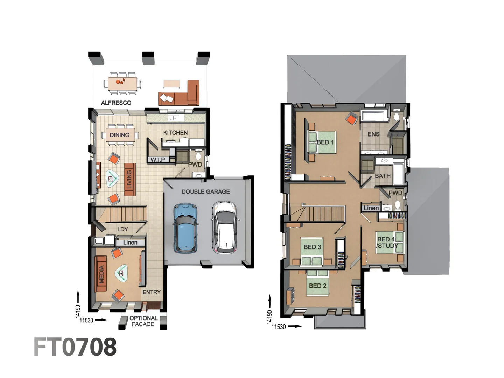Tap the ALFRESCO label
[x=116, y=103]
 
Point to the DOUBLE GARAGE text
[x=206, y=192]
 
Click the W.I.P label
[x=158, y=160]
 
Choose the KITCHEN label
[x=175, y=133]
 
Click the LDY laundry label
[x=122, y=229]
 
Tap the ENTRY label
[x=152, y=292]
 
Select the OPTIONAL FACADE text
[x=143, y=321]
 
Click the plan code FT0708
[x=75, y=347]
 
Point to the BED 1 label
[x=325, y=142]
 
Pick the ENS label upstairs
[x=373, y=134]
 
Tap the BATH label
[x=383, y=176]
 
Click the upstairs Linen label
[x=371, y=208]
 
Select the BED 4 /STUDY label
[x=387, y=243]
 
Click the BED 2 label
[x=317, y=286]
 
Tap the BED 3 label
[x=312, y=247]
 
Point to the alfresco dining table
[x=122, y=83]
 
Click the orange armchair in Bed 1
[x=351, y=119]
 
